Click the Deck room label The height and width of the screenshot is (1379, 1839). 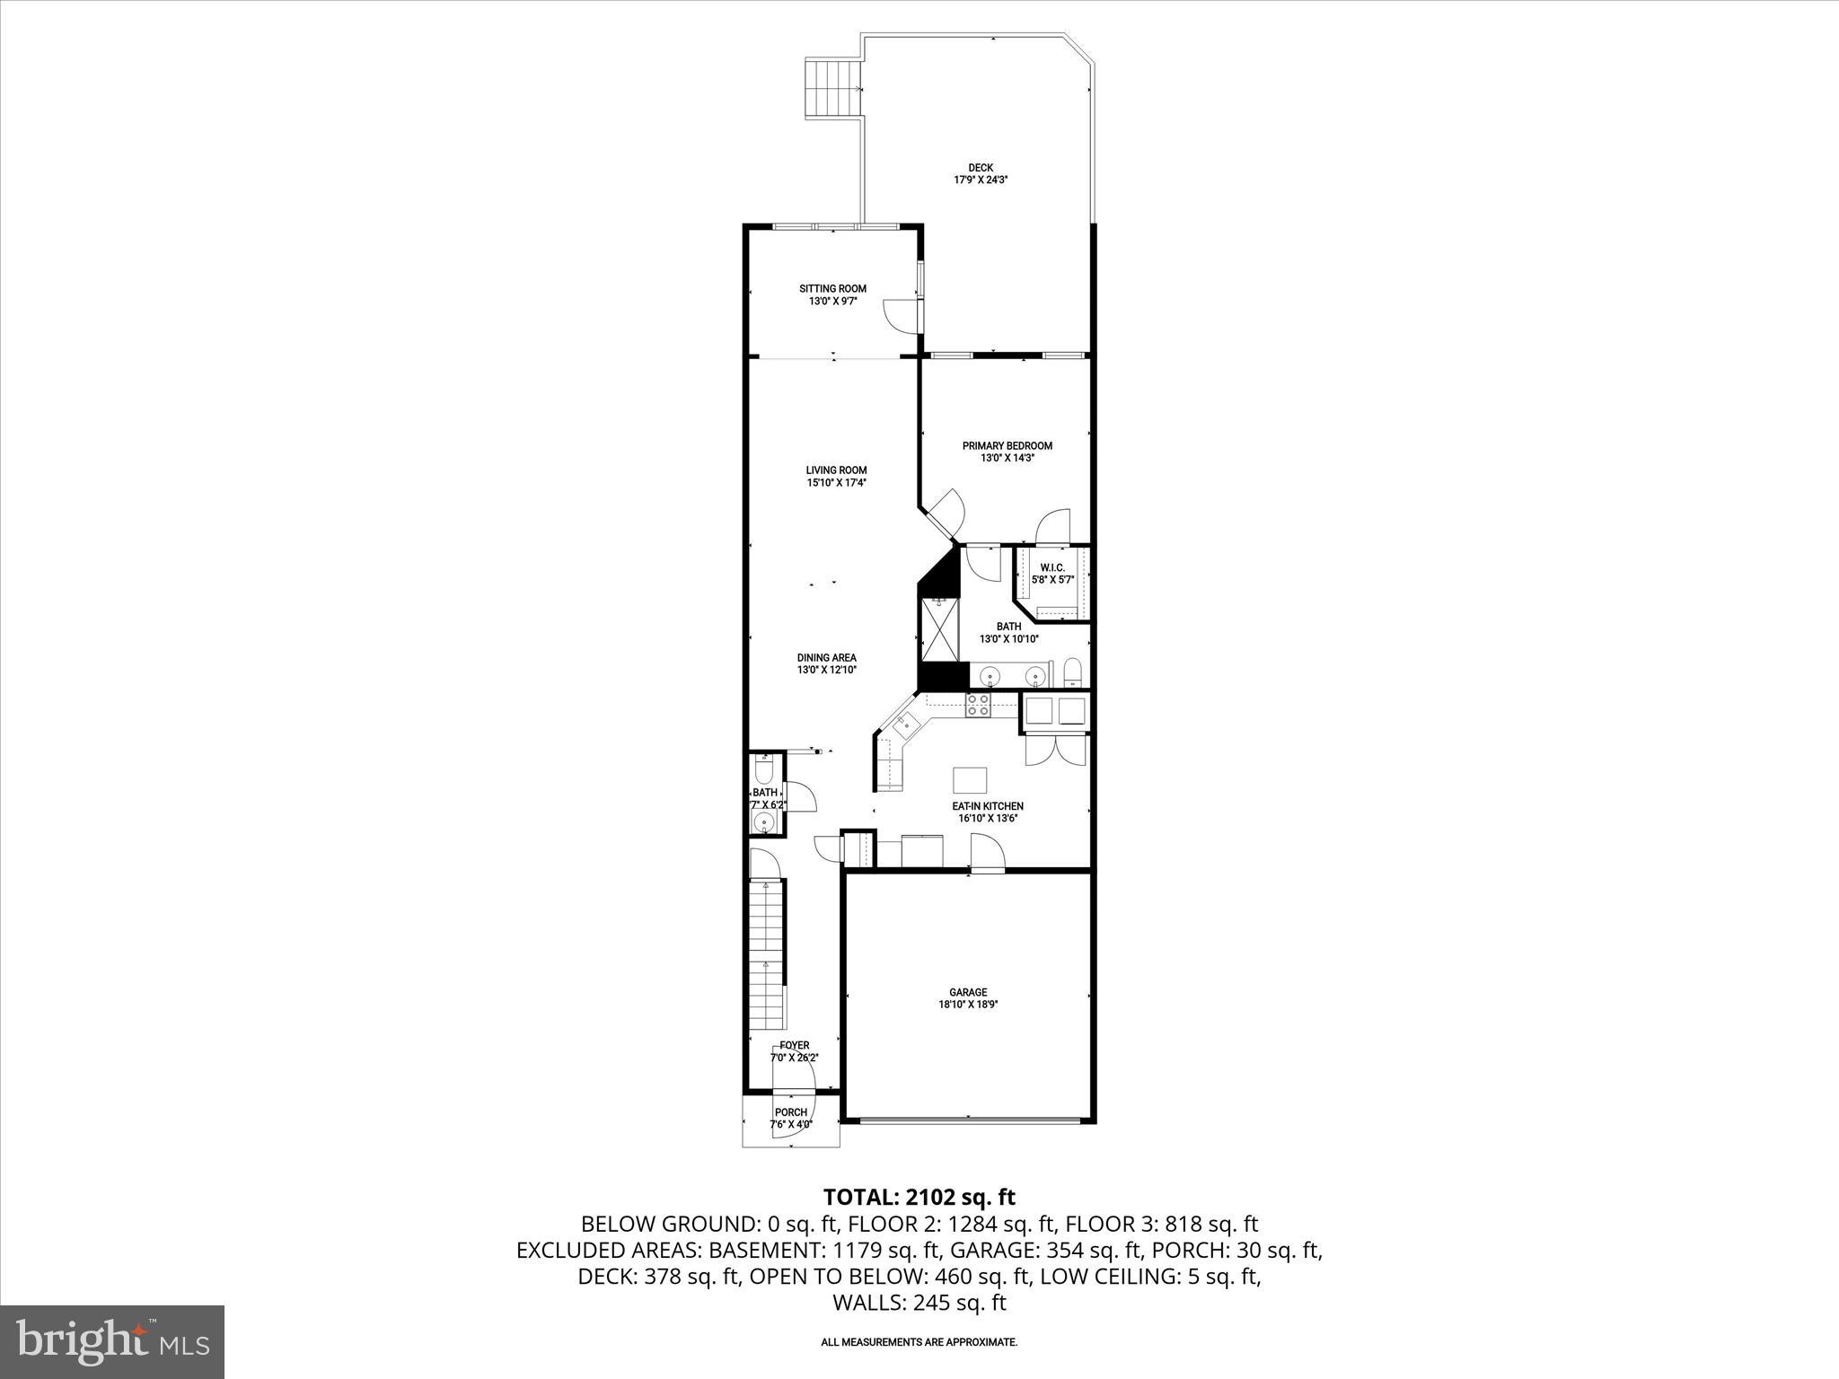(981, 168)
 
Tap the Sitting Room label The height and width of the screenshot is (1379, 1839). (832, 289)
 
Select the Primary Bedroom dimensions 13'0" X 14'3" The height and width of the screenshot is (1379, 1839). (1007, 458)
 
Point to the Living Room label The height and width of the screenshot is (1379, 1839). (835, 470)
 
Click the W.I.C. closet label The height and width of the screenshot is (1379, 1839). (1051, 568)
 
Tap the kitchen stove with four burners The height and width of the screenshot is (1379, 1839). (977, 705)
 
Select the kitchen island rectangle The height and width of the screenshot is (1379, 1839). (969, 777)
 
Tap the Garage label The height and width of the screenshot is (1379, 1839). (968, 993)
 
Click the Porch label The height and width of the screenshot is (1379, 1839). (790, 1112)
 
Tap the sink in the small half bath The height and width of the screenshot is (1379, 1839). (765, 822)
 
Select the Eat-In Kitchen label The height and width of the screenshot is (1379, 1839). (987, 806)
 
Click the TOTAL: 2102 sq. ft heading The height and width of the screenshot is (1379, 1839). (919, 1197)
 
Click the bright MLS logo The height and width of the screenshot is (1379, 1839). (111, 1341)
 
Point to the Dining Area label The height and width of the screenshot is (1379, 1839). (826, 657)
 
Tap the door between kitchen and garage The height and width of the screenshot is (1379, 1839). (987, 853)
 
